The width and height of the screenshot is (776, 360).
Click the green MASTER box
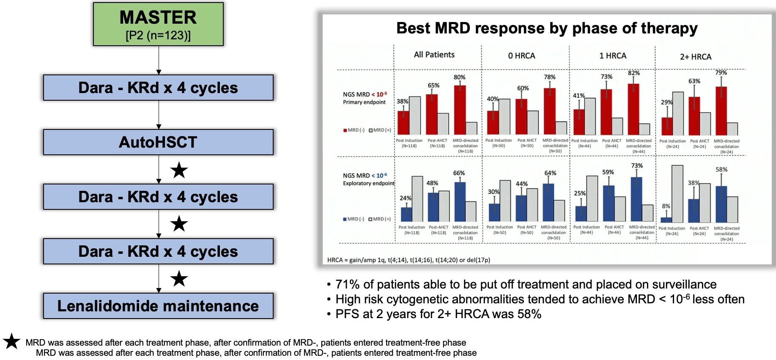click(158, 24)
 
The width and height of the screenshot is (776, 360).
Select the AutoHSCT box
click(158, 142)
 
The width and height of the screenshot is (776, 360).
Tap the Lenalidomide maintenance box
click(158, 306)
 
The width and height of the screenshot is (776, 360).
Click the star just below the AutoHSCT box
click(179, 170)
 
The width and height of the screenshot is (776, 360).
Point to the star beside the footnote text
click(11, 341)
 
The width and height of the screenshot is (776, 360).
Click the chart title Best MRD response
click(546, 28)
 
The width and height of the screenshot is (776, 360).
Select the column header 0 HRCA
click(521, 56)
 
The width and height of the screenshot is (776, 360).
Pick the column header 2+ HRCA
click(695, 57)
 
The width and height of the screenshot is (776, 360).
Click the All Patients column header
click(434, 55)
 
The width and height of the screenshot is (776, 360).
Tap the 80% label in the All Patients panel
click(459, 77)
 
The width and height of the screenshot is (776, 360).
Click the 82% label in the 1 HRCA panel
click(633, 73)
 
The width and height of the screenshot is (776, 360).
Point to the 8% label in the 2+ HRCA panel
click(666, 206)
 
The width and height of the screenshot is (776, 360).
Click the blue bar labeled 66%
click(460, 201)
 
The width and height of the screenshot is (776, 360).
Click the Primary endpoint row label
click(364, 102)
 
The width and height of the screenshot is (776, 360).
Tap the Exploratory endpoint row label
click(368, 183)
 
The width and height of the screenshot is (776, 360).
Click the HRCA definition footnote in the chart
click(409, 260)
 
